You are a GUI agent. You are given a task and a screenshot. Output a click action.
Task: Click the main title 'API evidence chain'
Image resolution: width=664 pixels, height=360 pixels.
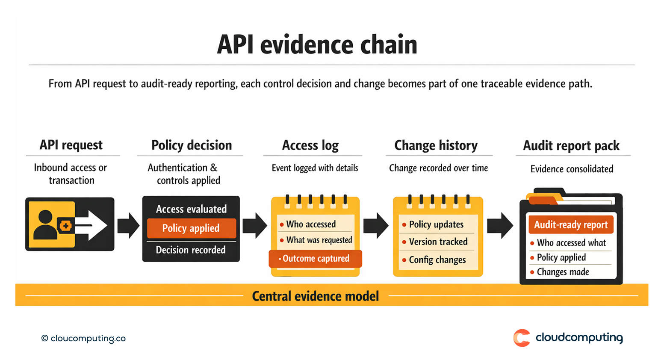tap(317, 44)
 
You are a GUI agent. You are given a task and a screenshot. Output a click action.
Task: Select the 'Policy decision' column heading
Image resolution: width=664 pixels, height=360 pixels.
tap(192, 145)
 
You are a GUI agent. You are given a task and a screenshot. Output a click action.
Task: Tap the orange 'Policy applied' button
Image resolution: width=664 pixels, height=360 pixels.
tap(191, 228)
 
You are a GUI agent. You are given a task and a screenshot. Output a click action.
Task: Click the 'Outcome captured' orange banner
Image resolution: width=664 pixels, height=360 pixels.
tap(316, 259)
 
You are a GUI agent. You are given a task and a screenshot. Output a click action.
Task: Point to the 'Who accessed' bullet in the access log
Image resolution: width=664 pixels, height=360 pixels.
tap(311, 224)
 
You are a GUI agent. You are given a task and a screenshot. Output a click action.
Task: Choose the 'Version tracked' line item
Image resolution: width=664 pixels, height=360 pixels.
tap(438, 242)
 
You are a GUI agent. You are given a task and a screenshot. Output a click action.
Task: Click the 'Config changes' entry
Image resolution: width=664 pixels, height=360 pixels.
tap(437, 260)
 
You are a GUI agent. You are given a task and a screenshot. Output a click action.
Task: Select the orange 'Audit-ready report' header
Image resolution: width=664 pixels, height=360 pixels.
tap(571, 225)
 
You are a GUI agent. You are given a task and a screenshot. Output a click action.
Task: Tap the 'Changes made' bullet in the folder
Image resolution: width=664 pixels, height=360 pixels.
tap(563, 272)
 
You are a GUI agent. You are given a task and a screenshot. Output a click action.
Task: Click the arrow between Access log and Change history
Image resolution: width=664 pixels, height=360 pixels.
tap(376, 225)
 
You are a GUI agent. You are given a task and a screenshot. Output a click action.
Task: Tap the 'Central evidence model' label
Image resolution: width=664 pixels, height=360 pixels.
tap(315, 296)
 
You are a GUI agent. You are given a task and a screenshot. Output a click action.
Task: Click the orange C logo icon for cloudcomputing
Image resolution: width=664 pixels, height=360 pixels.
tap(522, 338)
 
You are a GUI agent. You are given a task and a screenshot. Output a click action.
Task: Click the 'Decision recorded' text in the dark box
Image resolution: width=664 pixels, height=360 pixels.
tap(191, 250)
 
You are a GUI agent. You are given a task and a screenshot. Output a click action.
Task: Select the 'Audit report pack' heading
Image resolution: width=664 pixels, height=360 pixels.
tap(571, 146)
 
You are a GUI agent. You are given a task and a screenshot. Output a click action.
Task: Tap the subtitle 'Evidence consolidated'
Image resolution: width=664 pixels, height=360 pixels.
tap(572, 169)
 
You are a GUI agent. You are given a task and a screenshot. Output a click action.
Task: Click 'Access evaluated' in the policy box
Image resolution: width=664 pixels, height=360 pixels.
tap(191, 209)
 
